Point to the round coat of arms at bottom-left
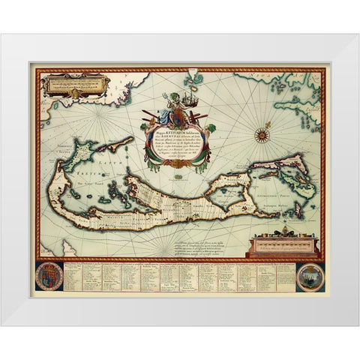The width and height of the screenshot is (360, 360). (x=49, y=272)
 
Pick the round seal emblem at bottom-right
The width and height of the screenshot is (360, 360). (x=309, y=271)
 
